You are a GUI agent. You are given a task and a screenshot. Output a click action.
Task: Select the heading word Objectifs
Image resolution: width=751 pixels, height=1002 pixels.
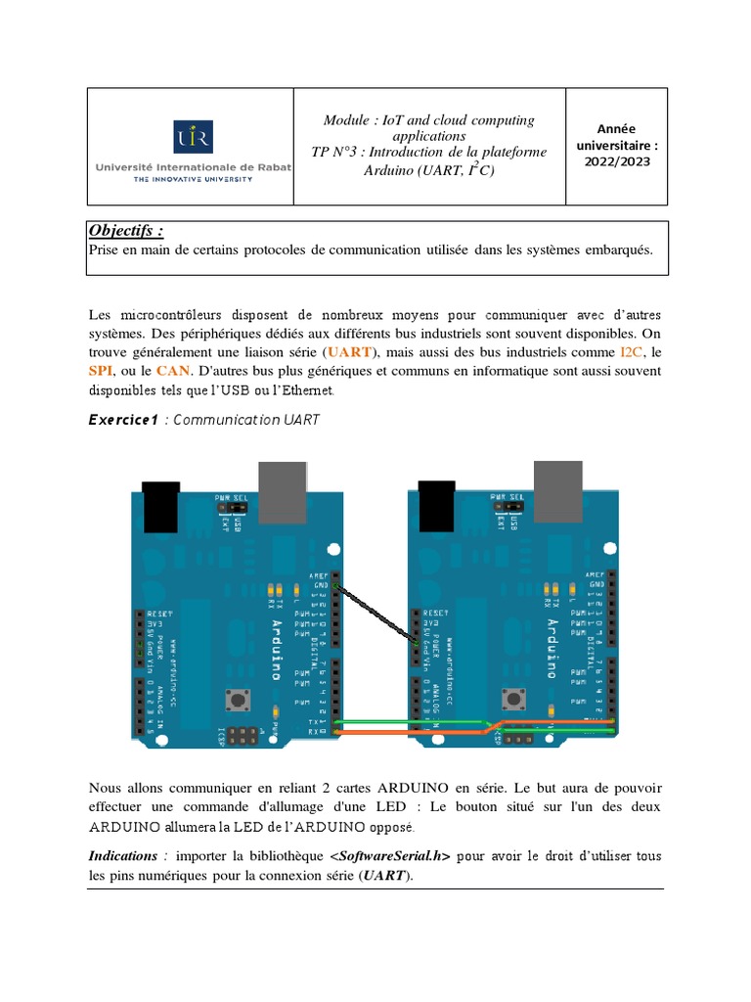[x=125, y=231]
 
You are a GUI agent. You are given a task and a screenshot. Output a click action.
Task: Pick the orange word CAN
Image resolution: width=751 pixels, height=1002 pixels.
[x=172, y=371]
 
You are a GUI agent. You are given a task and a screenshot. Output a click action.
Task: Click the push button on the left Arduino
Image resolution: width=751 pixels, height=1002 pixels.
[x=236, y=700]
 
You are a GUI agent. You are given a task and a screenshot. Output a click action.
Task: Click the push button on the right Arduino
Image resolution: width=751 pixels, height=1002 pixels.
[x=510, y=700]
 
